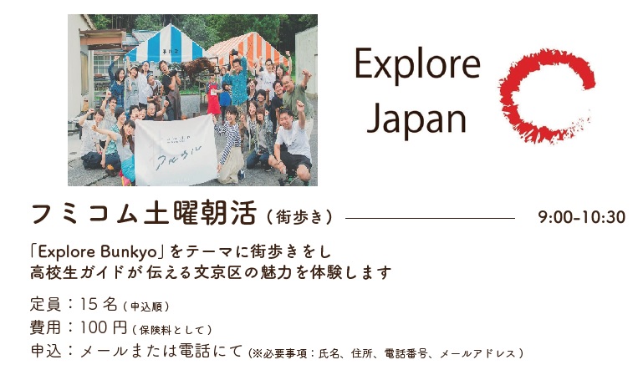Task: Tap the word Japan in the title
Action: [x=416, y=119]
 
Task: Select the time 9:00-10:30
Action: [x=581, y=217]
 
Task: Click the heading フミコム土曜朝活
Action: [x=144, y=213]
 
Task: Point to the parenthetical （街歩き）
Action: [x=300, y=217]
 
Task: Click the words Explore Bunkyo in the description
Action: [x=98, y=252]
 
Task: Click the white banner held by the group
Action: [x=176, y=149]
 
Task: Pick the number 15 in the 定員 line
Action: [x=88, y=304]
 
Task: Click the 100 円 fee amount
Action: [x=104, y=327]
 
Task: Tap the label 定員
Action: [x=45, y=304]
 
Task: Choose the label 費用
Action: [x=45, y=327]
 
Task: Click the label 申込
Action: [x=45, y=351]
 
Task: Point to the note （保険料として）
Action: [x=172, y=330]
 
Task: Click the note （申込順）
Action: [x=146, y=307]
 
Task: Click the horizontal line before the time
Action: [x=430, y=218]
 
